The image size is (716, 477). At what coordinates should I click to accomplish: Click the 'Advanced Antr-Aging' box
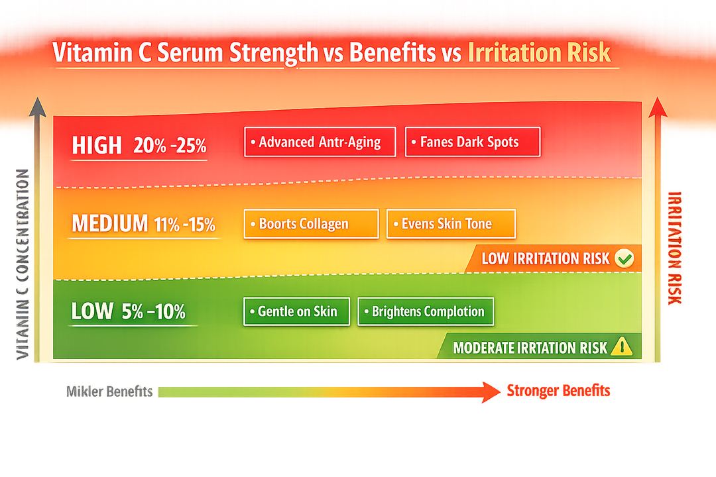(x=320, y=142)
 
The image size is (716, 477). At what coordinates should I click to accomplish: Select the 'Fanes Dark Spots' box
(x=473, y=142)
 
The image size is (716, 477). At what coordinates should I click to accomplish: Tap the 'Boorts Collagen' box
(x=311, y=224)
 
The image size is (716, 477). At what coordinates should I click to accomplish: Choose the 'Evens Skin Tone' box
(x=451, y=224)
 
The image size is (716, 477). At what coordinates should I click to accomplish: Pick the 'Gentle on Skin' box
(x=296, y=311)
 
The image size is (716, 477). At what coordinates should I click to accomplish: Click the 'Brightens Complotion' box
(x=426, y=311)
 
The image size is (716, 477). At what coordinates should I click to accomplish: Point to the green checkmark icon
(x=623, y=258)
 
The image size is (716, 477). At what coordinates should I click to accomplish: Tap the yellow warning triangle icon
(x=621, y=346)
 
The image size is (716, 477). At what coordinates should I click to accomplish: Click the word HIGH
(x=97, y=145)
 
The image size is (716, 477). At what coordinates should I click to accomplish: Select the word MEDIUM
(x=110, y=224)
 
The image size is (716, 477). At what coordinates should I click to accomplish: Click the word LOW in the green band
(x=92, y=311)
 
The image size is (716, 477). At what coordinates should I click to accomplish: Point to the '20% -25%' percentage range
(x=170, y=146)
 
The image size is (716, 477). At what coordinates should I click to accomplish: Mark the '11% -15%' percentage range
(x=185, y=225)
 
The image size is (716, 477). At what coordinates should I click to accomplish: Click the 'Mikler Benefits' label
(x=109, y=392)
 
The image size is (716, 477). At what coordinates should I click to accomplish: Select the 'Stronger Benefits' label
(x=558, y=391)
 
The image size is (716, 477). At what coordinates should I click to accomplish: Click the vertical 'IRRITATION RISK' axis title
(x=674, y=248)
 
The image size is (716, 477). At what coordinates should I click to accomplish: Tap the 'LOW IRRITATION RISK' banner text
(x=545, y=259)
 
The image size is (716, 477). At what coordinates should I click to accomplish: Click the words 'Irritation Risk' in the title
(x=539, y=53)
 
